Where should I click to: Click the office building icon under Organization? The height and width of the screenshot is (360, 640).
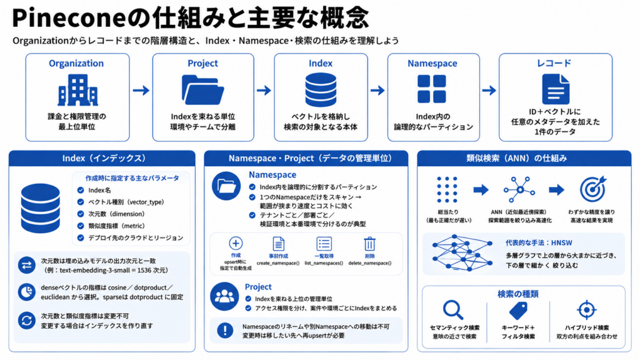click(77, 90)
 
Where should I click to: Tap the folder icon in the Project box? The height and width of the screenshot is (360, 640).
click(203, 90)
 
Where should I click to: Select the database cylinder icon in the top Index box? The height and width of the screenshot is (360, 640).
click(321, 90)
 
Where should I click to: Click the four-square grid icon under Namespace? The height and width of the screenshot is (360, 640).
click(432, 89)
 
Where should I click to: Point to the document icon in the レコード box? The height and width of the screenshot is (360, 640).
click(556, 89)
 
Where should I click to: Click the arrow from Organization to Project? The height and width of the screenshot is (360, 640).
click(141, 90)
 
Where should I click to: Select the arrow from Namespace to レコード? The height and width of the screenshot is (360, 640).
click(489, 90)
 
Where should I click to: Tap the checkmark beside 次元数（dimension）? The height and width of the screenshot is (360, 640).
click(81, 214)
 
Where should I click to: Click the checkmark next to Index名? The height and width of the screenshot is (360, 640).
click(81, 190)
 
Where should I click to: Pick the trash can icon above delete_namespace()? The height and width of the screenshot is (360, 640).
click(369, 244)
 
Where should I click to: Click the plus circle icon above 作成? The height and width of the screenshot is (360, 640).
click(236, 243)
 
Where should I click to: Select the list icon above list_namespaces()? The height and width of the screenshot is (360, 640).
click(324, 244)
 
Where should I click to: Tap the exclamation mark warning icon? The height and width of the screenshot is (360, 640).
click(225, 330)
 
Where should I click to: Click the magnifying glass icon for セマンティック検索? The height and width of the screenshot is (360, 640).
click(453, 310)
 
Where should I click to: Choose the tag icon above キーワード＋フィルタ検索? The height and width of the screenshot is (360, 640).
click(518, 311)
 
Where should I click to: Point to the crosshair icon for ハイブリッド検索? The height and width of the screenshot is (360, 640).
click(586, 310)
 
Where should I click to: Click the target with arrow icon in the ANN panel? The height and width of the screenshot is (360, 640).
click(592, 189)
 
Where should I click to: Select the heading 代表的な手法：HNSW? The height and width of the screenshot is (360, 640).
click(539, 243)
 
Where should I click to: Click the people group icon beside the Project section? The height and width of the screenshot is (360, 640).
click(224, 296)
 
